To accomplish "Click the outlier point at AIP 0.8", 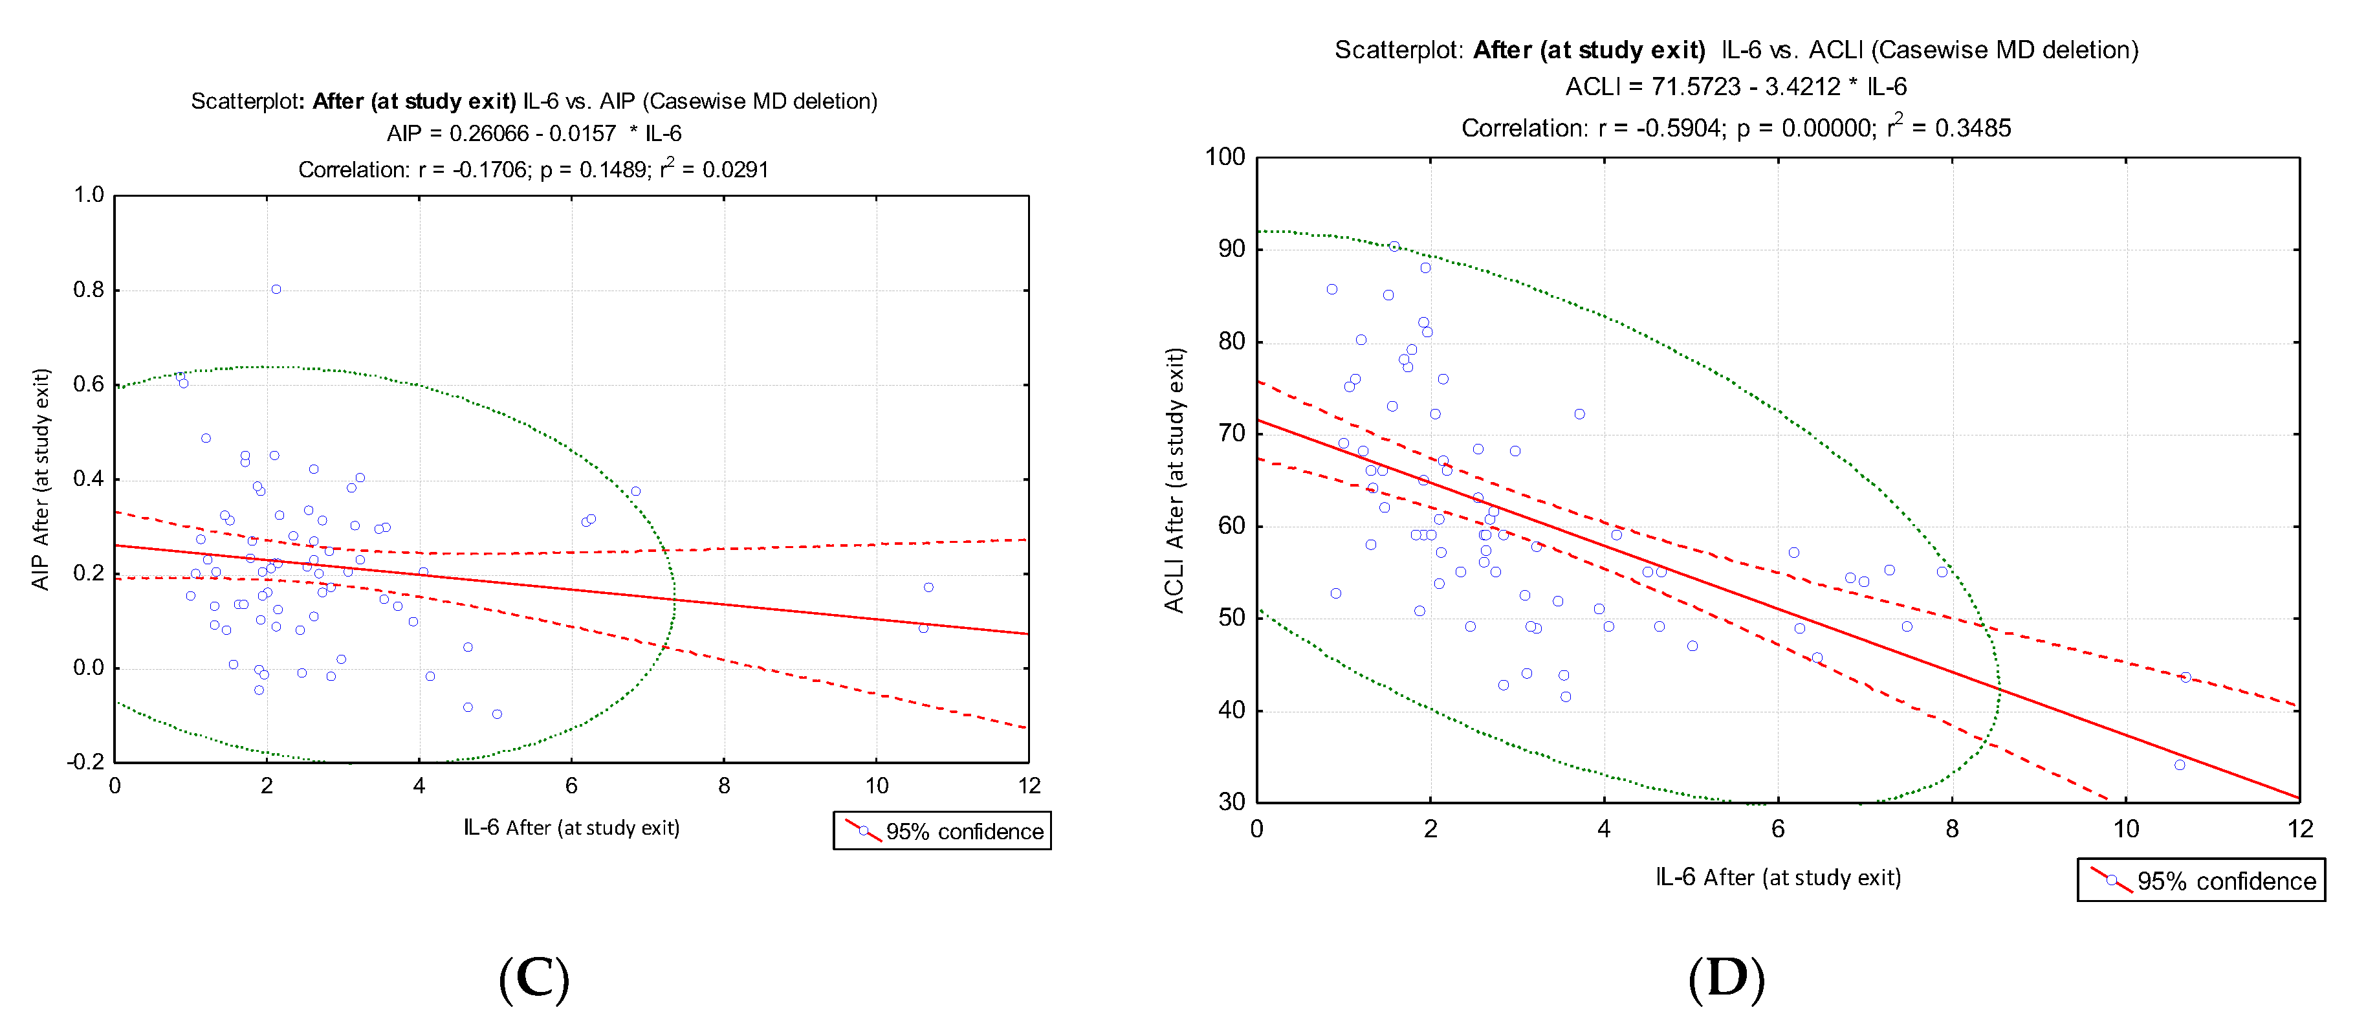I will (276, 290).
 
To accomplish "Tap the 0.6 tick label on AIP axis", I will (89, 384).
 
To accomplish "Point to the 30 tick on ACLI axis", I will (1231, 802).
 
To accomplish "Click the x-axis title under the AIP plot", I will (571, 828).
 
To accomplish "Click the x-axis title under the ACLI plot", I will (1777, 877).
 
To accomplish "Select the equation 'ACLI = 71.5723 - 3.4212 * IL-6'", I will (1735, 87).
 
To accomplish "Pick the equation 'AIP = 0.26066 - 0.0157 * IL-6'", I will (534, 133).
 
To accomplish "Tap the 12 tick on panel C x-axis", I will (1029, 786).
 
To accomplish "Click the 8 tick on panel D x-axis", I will (1952, 830).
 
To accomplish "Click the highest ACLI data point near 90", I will (1394, 247).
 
